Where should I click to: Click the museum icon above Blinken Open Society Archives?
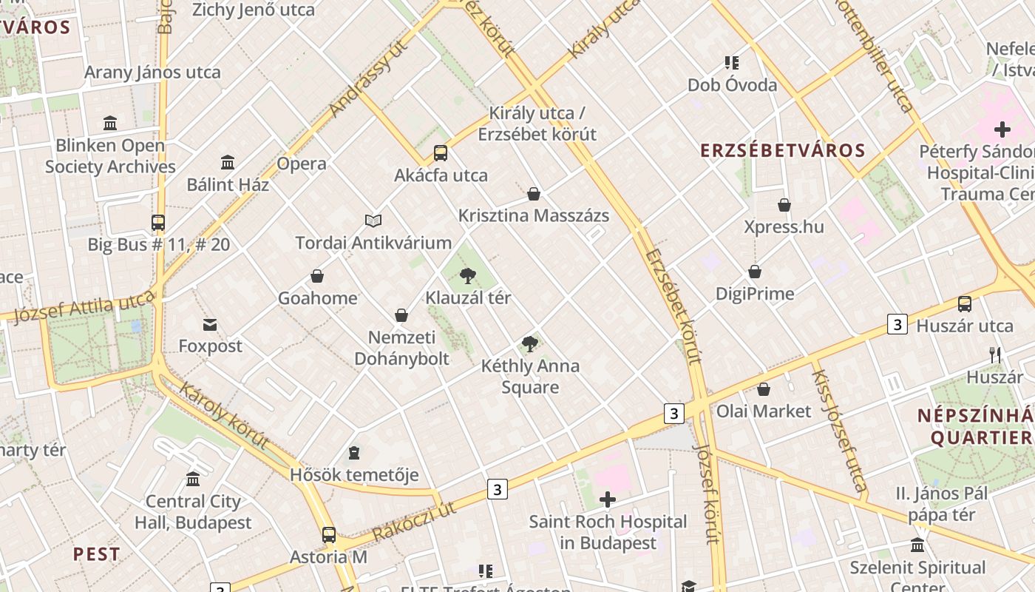(x=110, y=123)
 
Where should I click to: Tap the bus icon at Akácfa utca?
(x=441, y=153)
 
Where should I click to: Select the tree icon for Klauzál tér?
(x=467, y=276)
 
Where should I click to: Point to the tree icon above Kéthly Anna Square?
(x=529, y=343)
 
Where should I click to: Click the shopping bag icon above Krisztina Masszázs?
(x=534, y=194)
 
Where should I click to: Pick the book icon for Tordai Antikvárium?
(x=373, y=221)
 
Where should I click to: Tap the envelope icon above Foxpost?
(x=210, y=324)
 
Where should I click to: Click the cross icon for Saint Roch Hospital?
(x=608, y=500)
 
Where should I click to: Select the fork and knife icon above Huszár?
(x=995, y=355)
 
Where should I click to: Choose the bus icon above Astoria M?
(x=329, y=534)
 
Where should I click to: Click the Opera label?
(x=302, y=164)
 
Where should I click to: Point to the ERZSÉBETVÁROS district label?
(x=782, y=151)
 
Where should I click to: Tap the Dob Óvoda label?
(x=732, y=85)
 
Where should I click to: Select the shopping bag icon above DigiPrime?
(x=755, y=272)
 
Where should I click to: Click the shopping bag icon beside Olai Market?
(x=764, y=389)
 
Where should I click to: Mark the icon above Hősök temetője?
(x=354, y=452)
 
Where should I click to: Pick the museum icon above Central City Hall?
(x=193, y=480)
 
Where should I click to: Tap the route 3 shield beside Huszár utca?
(x=897, y=324)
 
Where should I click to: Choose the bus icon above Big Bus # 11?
(x=158, y=222)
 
